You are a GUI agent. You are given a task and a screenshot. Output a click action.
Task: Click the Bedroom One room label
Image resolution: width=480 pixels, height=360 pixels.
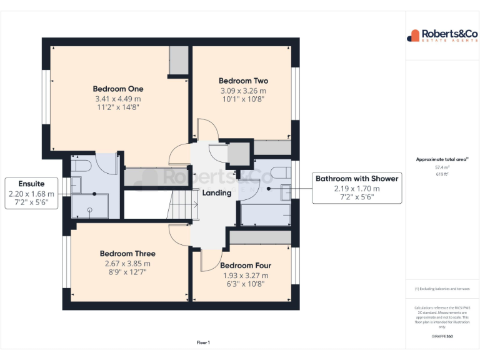[118, 89]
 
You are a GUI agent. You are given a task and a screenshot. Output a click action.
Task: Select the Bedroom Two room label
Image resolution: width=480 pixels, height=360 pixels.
[243, 81]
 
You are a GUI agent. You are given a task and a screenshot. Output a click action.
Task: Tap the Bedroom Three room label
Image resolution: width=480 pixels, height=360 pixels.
[127, 254]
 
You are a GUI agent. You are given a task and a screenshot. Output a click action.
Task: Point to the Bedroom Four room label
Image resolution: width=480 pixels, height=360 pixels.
[246, 265]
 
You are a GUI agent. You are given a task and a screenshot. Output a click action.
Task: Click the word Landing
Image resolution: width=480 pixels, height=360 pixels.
[217, 193]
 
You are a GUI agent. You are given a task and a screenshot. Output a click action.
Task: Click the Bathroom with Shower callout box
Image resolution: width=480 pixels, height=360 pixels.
[356, 188]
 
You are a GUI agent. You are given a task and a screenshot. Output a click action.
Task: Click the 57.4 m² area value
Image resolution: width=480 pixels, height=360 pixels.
[442, 167]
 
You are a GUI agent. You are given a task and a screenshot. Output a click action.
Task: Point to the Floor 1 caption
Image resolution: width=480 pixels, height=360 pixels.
[203, 342]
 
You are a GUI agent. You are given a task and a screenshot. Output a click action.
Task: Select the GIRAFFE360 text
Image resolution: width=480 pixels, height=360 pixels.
[442, 337]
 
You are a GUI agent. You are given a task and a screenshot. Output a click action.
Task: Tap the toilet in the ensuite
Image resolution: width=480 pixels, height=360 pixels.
[82, 166]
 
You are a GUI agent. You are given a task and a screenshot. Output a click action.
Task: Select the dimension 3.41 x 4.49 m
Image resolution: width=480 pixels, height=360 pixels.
[118, 99]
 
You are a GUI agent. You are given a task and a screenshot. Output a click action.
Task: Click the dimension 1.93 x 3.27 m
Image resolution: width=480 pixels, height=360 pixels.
[246, 275]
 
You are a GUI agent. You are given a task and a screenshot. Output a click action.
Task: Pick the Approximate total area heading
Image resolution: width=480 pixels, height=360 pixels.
[442, 159]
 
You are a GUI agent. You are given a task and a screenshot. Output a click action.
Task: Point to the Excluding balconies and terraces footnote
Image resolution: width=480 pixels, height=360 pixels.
[442, 289]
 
